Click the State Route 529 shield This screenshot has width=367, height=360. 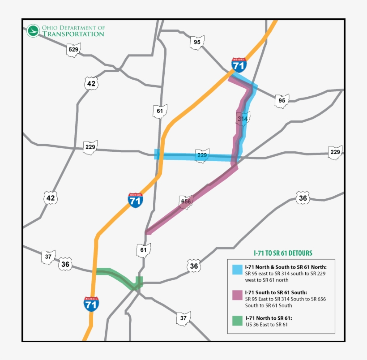pos(73,50)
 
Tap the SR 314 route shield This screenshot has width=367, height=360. pos(243,119)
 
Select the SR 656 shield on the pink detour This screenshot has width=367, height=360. pos(186,201)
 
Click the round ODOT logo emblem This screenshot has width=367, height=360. pos(33,31)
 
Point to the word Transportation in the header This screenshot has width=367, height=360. pos(73,34)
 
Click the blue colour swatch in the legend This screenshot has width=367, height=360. pos(237,269)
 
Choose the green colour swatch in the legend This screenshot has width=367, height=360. pos(237,321)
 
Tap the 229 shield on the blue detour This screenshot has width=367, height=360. pos(202,155)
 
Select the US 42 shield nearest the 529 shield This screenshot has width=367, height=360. pos(91,83)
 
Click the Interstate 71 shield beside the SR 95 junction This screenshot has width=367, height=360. pos(239,65)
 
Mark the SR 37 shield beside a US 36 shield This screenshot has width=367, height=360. pos(48,257)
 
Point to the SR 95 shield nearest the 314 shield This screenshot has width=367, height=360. pos(282,100)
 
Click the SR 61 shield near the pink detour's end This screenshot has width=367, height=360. pos(144,250)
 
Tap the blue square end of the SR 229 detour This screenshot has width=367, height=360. pos(157,154)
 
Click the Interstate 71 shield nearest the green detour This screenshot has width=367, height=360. pos(91,304)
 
